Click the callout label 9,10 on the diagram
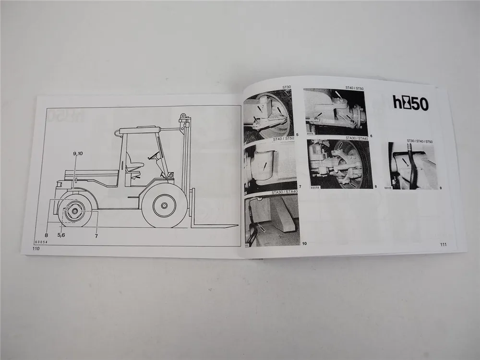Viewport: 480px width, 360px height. pos(78,154)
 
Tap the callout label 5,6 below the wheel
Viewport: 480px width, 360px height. pos(63,235)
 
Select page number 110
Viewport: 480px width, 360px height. pos(36,249)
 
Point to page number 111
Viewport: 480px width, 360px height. pos(443,245)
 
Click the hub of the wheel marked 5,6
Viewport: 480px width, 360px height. pos(75,210)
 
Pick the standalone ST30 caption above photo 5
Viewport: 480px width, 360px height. pos(287,87)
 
